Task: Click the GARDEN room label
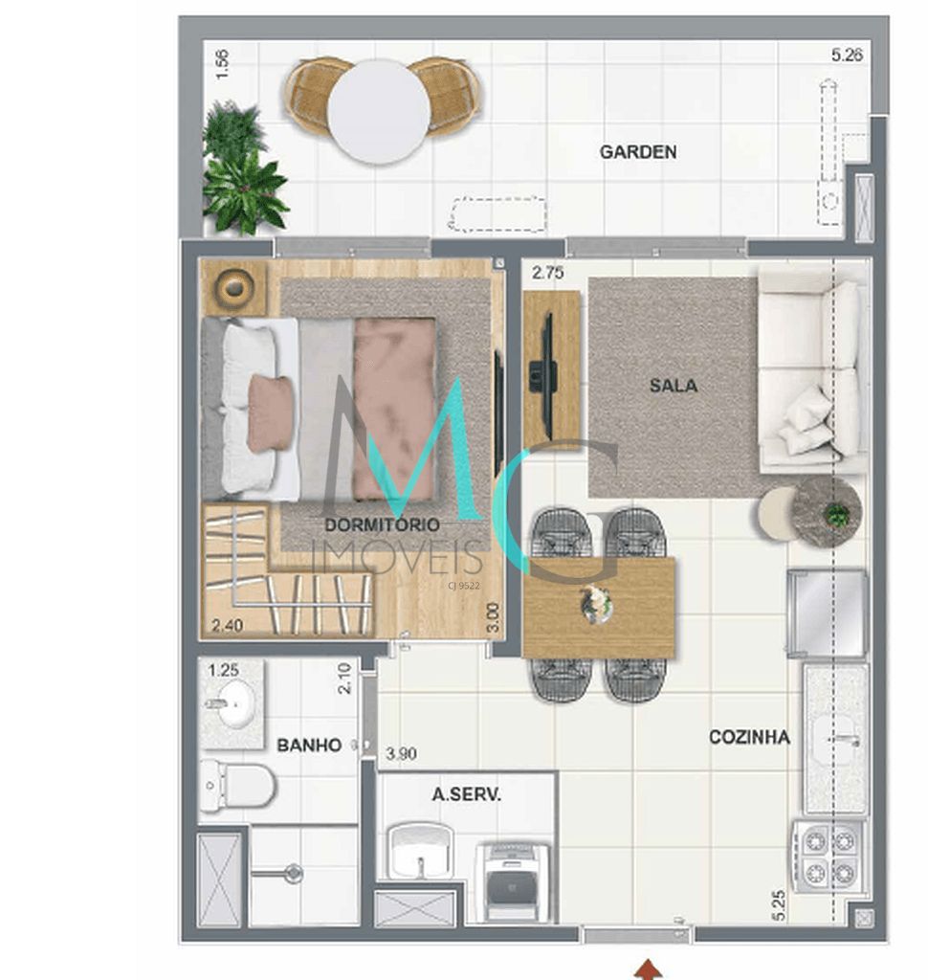click(638, 151)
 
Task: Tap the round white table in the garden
click(378, 111)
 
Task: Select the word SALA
click(674, 386)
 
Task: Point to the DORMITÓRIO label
click(382, 524)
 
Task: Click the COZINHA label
click(749, 737)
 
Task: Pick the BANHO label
click(308, 745)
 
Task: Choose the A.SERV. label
click(467, 794)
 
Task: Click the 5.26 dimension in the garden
click(847, 56)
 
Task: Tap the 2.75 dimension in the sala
click(547, 273)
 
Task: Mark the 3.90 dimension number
click(401, 754)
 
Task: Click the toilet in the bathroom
click(237, 786)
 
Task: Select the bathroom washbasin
click(231, 705)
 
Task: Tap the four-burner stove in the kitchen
click(829, 857)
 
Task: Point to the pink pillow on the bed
click(270, 412)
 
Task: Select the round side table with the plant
click(829, 512)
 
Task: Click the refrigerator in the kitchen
click(828, 613)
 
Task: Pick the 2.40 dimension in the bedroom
click(228, 627)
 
